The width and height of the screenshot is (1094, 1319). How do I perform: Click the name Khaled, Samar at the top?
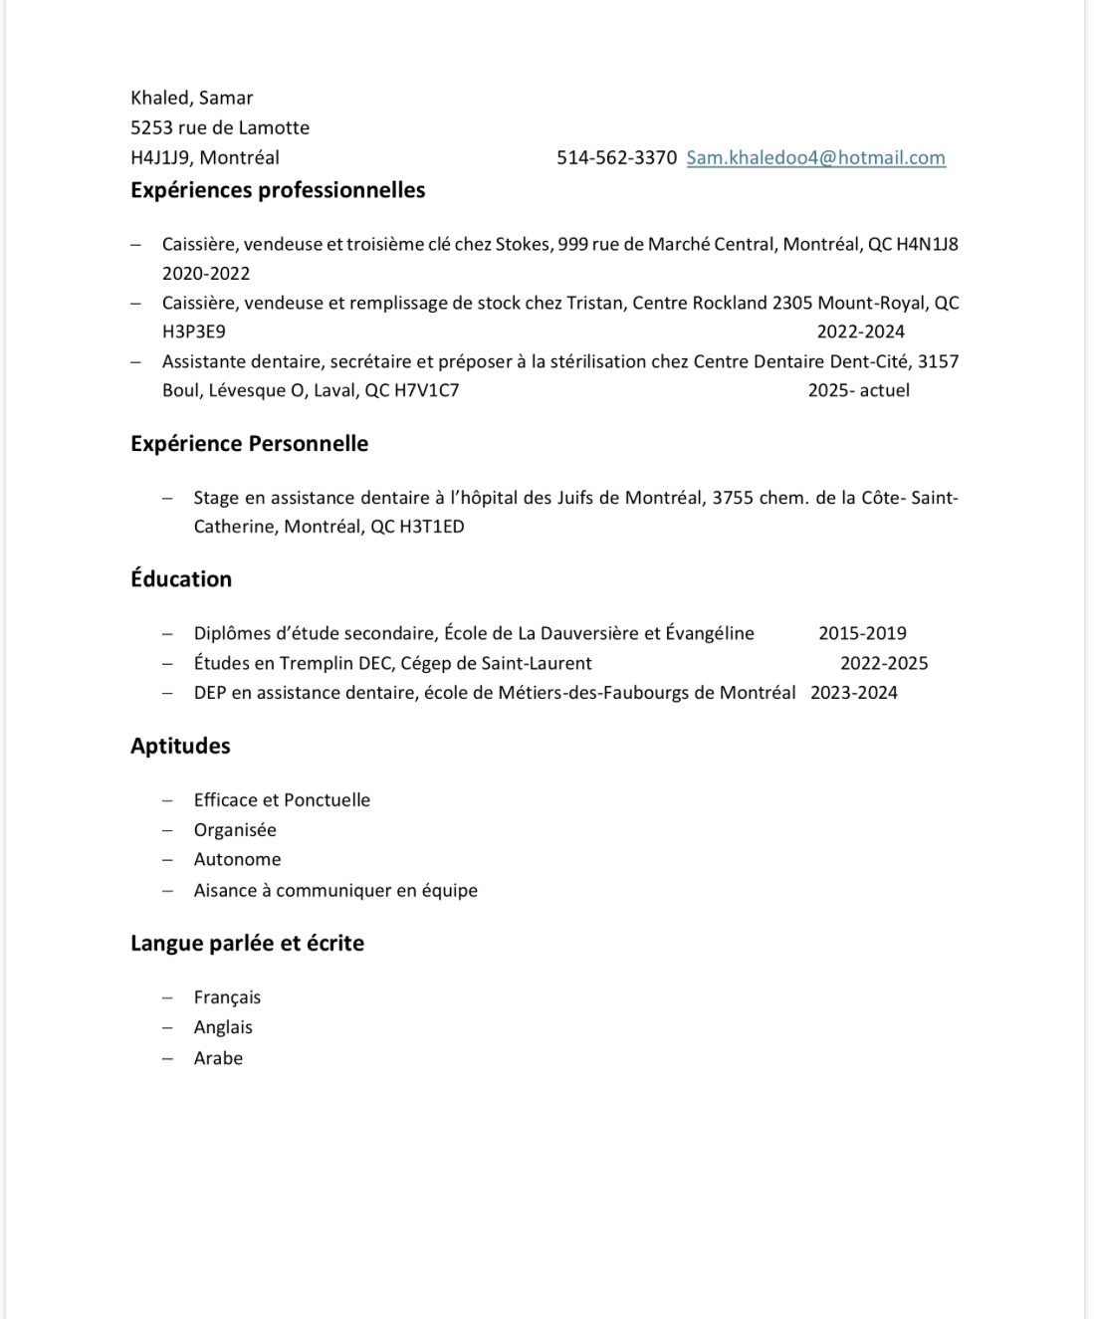pyautogui.click(x=191, y=98)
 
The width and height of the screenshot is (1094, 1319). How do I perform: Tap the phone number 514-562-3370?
pyautogui.click(x=616, y=157)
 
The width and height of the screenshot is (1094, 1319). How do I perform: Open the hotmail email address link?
pyautogui.click(x=815, y=157)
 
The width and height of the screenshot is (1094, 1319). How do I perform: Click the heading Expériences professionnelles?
pyautogui.click(x=278, y=190)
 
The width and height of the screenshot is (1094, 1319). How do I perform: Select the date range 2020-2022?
pyautogui.click(x=206, y=273)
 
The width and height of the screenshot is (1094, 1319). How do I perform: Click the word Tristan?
pyautogui.click(x=594, y=303)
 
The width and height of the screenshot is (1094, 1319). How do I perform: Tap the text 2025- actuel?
pyautogui.click(x=858, y=390)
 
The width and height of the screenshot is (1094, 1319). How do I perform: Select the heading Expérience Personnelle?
pyautogui.click(x=249, y=444)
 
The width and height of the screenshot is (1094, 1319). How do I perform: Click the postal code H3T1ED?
pyautogui.click(x=431, y=527)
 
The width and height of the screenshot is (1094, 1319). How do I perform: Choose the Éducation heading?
pyautogui.click(x=181, y=579)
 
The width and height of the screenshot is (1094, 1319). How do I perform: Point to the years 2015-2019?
pyautogui.click(x=862, y=633)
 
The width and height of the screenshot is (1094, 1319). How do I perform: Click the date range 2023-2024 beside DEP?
pyautogui.click(x=853, y=693)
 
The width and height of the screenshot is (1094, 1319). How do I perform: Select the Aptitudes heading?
pyautogui.click(x=180, y=747)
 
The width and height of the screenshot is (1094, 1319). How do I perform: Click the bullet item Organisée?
pyautogui.click(x=235, y=830)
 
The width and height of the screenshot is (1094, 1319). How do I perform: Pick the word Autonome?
pyautogui.click(x=237, y=859)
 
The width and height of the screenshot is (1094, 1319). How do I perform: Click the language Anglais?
pyautogui.click(x=223, y=1027)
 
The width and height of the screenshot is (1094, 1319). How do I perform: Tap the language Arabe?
pyautogui.click(x=218, y=1058)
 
